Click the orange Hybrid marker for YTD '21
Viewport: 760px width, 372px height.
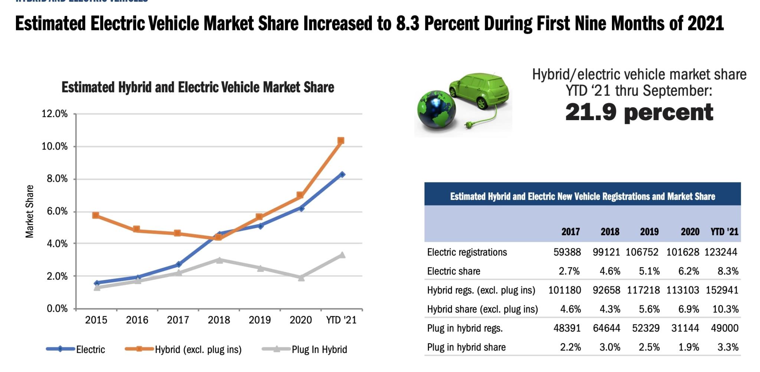(341, 141)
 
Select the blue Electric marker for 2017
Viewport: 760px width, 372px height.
(178, 264)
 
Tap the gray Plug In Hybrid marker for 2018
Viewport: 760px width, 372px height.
(219, 260)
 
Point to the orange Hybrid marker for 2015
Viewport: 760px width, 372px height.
(96, 215)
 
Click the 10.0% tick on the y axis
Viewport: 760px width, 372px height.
(55, 147)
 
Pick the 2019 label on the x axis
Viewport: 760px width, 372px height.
(259, 320)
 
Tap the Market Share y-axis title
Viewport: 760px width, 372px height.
(29, 211)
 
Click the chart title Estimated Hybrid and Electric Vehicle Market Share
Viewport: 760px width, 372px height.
(198, 88)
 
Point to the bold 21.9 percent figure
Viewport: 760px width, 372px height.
(639, 112)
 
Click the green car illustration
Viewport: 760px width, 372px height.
(479, 91)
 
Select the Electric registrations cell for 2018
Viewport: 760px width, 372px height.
(606, 252)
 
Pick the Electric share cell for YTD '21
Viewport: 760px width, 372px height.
(727, 271)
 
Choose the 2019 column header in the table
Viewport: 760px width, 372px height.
(649, 232)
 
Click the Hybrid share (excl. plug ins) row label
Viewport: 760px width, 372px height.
(482, 309)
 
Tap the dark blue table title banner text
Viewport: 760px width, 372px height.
(582, 196)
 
